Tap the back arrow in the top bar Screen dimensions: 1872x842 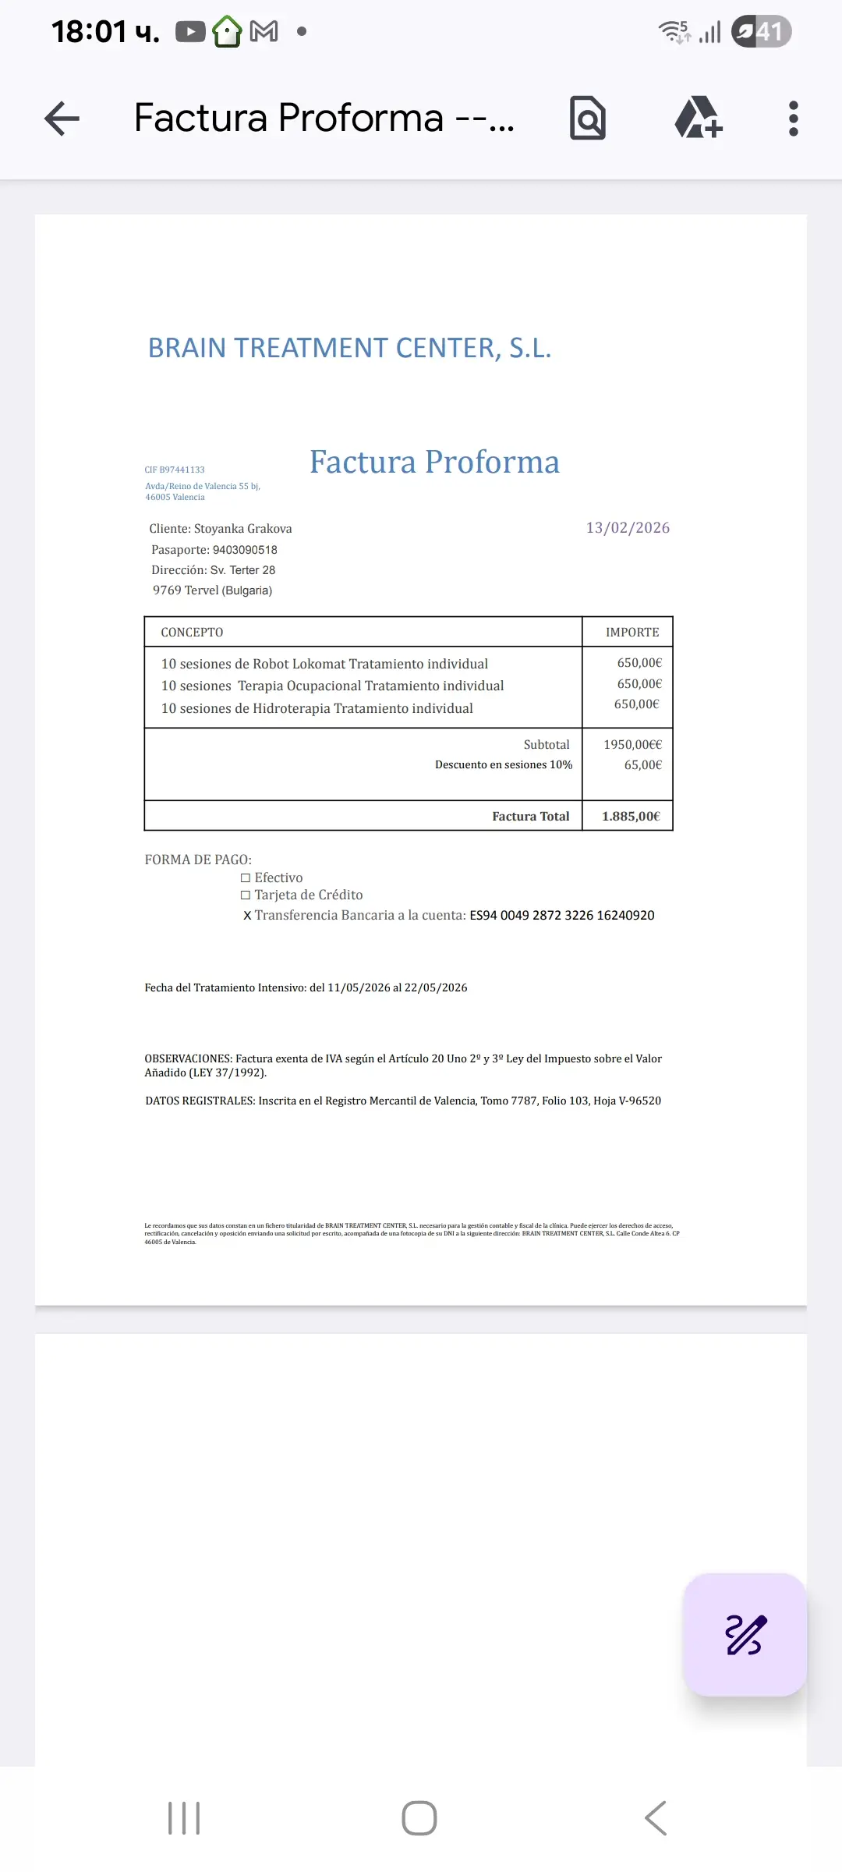(62, 119)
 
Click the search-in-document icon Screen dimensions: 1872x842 (588, 119)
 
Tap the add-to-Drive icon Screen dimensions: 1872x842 (698, 119)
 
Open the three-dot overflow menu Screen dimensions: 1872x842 (793, 119)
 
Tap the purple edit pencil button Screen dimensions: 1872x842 (745, 1634)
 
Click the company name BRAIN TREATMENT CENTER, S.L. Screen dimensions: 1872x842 (349, 348)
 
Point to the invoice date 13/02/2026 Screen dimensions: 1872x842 (628, 528)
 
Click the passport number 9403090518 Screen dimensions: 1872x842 (245, 550)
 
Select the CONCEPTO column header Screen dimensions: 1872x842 (192, 633)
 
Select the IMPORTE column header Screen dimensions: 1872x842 (632, 633)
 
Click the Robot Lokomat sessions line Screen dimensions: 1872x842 (324, 664)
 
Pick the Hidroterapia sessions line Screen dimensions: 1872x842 (317, 708)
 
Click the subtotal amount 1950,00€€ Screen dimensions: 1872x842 (632, 745)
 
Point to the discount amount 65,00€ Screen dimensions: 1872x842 (642, 765)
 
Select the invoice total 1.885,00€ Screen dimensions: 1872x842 (631, 817)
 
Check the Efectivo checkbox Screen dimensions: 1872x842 (246, 878)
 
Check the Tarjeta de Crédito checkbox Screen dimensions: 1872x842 (246, 895)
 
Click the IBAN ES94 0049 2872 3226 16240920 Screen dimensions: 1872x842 (561, 916)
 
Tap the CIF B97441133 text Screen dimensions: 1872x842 (175, 470)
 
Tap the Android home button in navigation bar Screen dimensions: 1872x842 (419, 1818)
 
